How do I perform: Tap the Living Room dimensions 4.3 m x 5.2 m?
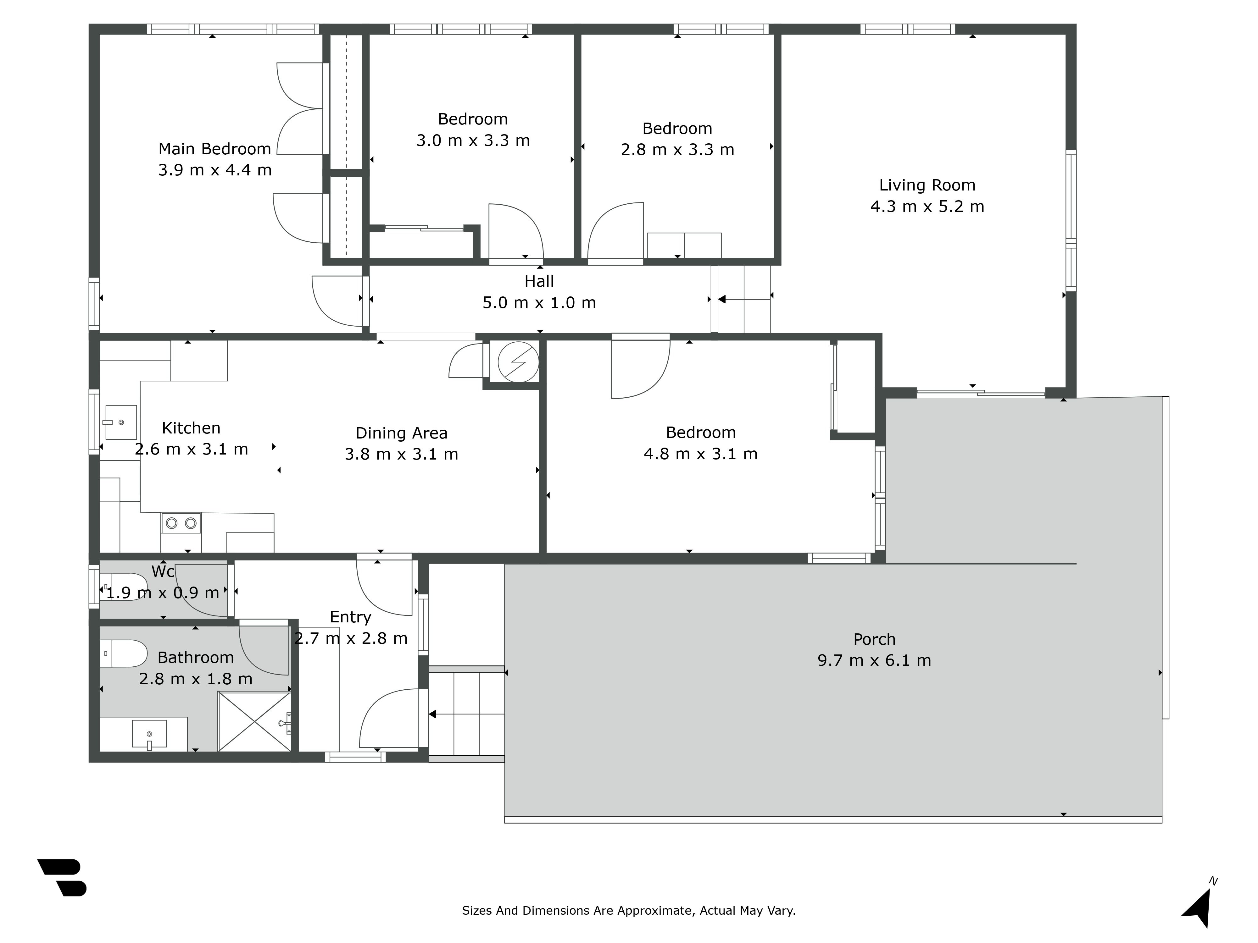pyautogui.click(x=927, y=206)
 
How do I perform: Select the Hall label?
pyautogui.click(x=539, y=281)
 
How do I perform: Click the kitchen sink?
pyautogui.click(x=120, y=422)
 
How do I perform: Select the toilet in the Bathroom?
pyautogui.click(x=124, y=654)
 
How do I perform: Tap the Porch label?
pyautogui.click(x=874, y=639)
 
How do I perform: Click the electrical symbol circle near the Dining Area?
pyautogui.click(x=518, y=361)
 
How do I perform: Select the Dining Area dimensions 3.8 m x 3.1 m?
pyautogui.click(x=402, y=454)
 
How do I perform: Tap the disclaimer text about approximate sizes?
pyautogui.click(x=628, y=911)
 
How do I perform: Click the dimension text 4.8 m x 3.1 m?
pyautogui.click(x=701, y=454)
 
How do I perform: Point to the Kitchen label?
pyautogui.click(x=191, y=428)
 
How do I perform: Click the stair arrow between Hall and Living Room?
pyautogui.click(x=744, y=300)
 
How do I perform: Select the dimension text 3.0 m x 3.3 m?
pyautogui.click(x=473, y=141)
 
